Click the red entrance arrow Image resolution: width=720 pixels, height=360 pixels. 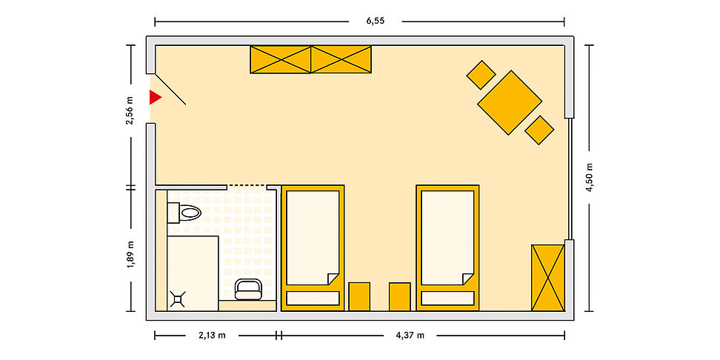pos(156,97)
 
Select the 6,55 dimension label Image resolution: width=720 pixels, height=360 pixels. pos(375,21)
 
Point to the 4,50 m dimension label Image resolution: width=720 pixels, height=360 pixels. pos(589,177)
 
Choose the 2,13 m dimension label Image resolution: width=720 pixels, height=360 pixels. pos(212,336)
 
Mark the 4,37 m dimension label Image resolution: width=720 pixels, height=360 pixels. pos(410,336)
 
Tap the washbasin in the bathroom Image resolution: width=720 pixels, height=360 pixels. pos(248,290)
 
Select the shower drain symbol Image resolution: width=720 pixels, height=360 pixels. pos(178,299)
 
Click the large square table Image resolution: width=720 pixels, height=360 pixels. pos(510,102)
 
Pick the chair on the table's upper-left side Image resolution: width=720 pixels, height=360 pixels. pos(481,75)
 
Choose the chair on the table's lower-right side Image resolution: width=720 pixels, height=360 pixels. pos(539,130)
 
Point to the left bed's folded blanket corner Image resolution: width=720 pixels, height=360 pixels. pos(333,279)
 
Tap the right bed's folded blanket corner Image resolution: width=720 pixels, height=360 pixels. pos(468,279)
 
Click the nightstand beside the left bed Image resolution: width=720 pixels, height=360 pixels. pos(359,296)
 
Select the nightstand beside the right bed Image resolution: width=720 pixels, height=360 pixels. pos(399,296)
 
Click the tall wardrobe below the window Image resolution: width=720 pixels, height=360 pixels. pos(548,278)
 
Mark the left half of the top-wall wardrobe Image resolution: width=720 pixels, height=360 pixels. pos(281,59)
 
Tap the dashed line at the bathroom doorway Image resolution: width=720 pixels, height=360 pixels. pos(247,185)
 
